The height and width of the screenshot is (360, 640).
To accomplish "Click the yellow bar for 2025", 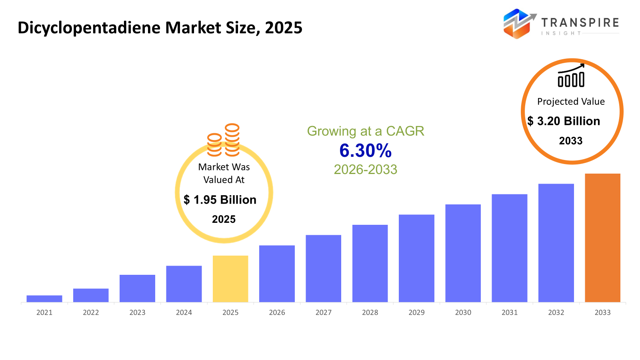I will coord(230,279).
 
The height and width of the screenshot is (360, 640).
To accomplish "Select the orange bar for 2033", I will coord(602,238).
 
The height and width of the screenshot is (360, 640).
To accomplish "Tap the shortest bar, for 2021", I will coord(44,298).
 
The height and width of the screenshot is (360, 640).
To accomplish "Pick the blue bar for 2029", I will coord(416,258).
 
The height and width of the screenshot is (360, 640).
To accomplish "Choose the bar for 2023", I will coord(137,288).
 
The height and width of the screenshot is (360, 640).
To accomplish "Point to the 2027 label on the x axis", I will coord(323,312).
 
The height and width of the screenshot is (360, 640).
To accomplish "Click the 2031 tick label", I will coord(509,312).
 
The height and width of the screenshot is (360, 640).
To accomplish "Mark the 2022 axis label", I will coord(91,312).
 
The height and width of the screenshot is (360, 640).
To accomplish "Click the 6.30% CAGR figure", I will coord(365,151).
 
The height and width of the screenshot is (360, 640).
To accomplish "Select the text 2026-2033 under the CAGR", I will coord(365,170).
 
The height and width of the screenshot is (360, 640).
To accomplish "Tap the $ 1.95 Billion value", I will coord(220,200).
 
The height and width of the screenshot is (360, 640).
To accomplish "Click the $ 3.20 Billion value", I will coord(564,121).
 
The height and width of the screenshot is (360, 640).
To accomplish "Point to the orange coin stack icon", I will coord(223,140).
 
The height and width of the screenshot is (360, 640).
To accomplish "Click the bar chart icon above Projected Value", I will coord(571,76).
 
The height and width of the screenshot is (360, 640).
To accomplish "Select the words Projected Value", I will coord(571,102).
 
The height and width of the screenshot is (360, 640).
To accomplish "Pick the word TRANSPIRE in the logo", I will coord(580,22).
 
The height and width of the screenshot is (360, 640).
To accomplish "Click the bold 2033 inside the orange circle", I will coord(571,141).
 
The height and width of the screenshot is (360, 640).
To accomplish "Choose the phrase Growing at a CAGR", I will coord(365,131).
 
